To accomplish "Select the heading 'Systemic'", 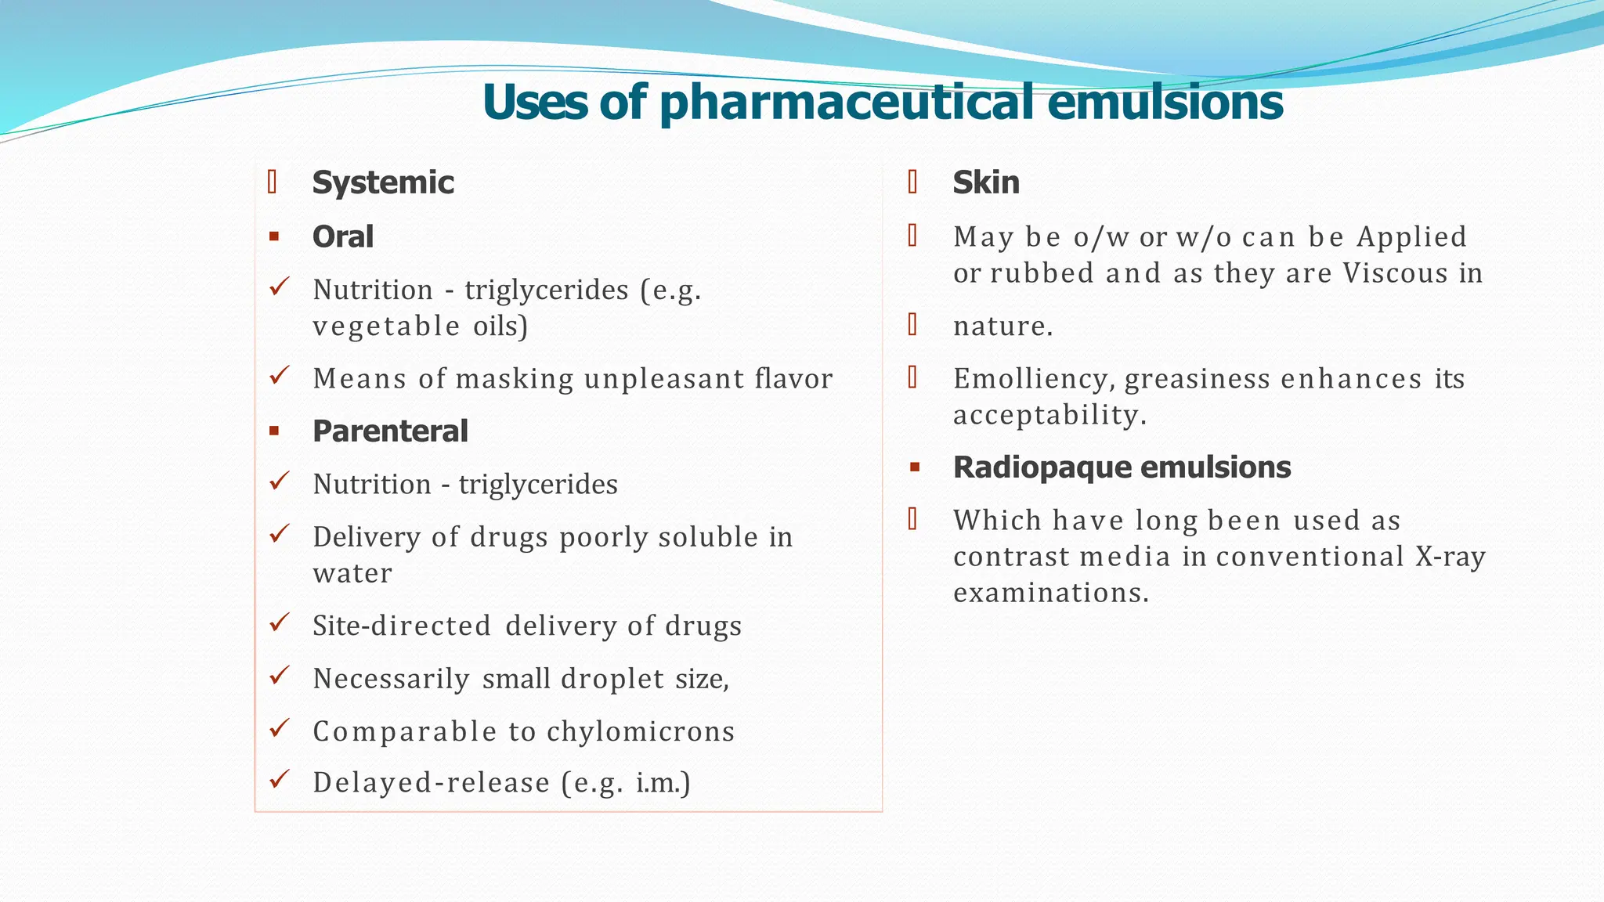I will pos(383,182).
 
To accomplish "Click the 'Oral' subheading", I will pos(343,236).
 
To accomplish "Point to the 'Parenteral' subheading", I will pos(390,431).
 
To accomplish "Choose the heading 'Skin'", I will pos(986,182).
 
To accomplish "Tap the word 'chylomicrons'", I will pos(641,731).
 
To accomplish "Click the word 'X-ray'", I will pos(1450,557).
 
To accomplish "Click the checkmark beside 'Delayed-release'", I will pos(280,780).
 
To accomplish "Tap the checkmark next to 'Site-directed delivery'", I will pos(280,623).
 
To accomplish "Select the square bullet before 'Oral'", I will pos(274,236).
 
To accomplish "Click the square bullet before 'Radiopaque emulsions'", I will pos(914,468).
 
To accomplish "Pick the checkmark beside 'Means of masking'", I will pos(280,376).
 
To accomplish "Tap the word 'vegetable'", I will pos(386,326).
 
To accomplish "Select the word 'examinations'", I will pos(1050,593).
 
